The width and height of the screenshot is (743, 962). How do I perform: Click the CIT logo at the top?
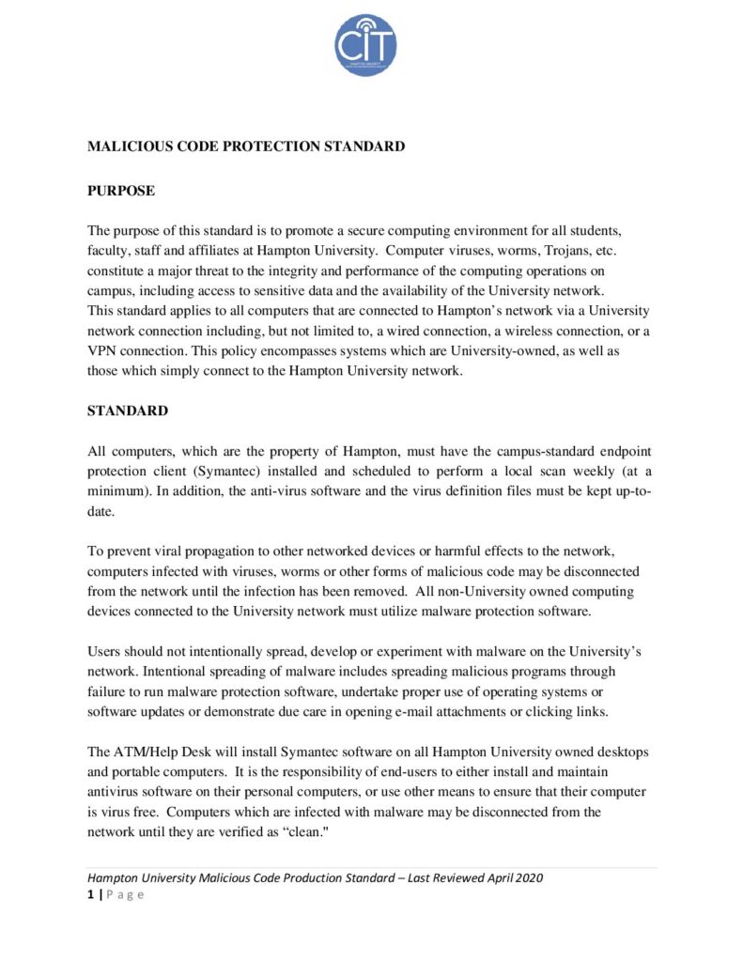[365, 45]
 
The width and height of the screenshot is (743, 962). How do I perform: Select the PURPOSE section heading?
[121, 191]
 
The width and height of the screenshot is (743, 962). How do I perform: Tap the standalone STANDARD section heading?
[128, 411]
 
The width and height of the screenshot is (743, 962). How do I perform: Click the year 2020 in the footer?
[527, 878]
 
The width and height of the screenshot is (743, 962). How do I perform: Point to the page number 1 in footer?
[90, 894]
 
